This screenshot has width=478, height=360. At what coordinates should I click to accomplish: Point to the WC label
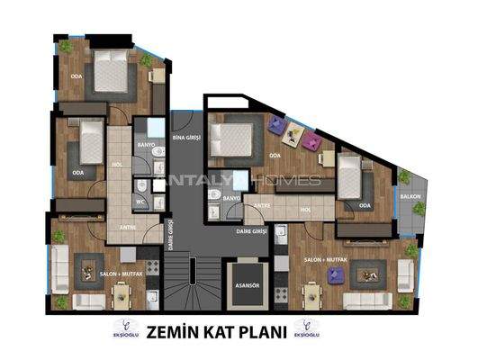(x=140, y=203)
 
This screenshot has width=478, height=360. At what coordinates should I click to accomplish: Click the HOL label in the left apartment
(x=116, y=164)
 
